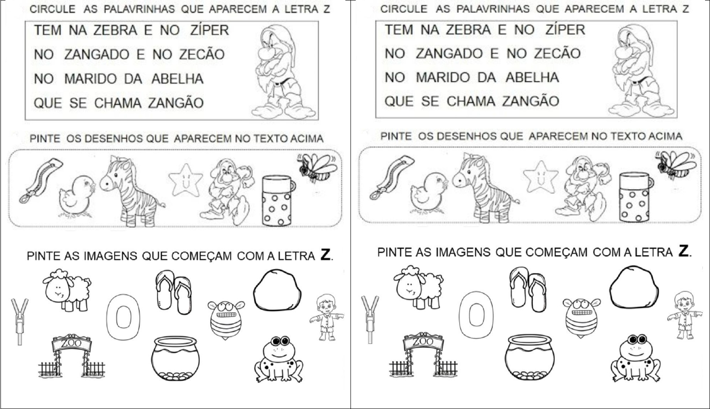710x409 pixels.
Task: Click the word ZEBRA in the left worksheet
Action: [115, 30]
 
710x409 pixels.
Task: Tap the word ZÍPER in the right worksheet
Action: [565, 29]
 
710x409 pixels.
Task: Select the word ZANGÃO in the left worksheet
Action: [175, 102]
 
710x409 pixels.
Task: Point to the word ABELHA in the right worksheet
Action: [532, 78]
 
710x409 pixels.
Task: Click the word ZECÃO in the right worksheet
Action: [557, 53]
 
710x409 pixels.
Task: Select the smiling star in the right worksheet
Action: [540, 177]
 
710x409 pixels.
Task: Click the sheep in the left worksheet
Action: [67, 290]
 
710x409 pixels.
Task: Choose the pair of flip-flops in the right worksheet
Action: [528, 289]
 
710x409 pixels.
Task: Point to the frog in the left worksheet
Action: [279, 359]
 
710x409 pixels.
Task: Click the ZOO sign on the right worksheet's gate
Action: [424, 341]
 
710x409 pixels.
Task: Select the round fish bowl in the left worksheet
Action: [175, 358]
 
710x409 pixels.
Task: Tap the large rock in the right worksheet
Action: [634, 287]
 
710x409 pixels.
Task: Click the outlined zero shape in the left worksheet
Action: [123, 317]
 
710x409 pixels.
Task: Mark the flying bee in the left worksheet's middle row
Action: [317, 168]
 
